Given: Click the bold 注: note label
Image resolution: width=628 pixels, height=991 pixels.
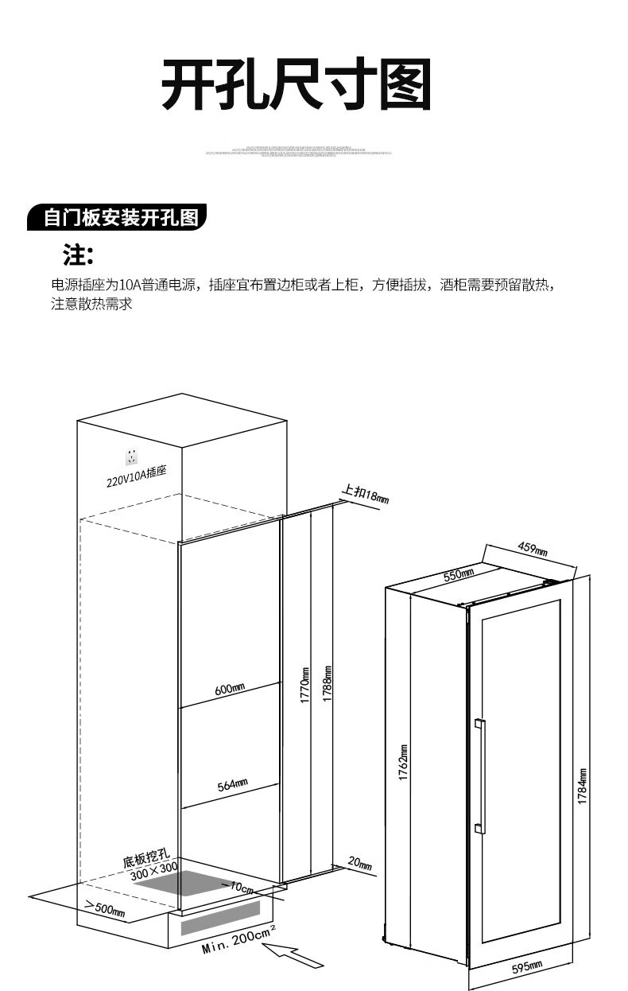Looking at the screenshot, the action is point(79,256).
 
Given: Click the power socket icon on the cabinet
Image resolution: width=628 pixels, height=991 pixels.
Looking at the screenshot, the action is point(131,457).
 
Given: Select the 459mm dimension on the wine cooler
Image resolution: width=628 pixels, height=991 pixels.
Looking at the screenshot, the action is point(533,548).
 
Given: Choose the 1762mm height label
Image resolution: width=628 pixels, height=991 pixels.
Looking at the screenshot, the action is point(403,762).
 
